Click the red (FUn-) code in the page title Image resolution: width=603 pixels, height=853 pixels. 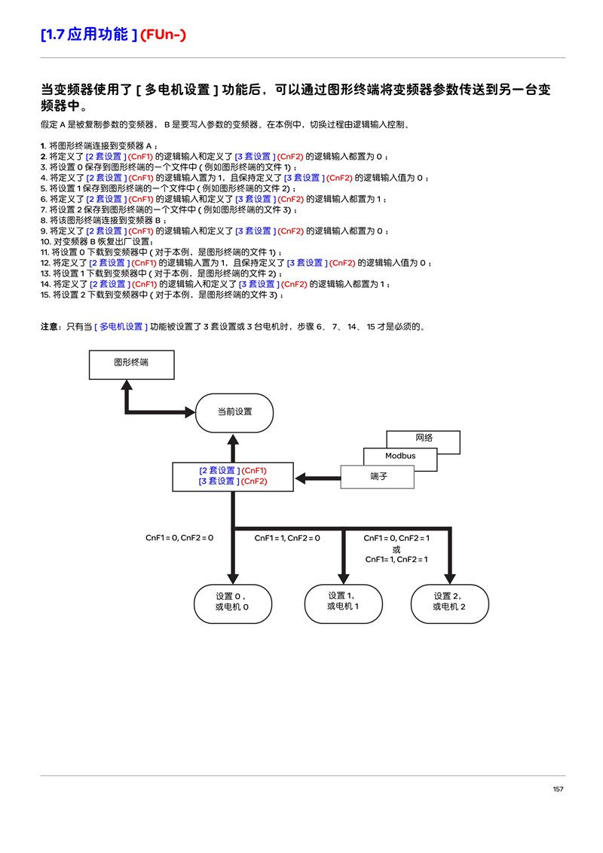click(x=164, y=35)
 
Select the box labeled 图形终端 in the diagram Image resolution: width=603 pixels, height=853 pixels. click(x=132, y=365)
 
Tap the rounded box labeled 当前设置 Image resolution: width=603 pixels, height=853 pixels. click(x=234, y=413)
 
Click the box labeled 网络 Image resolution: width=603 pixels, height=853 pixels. click(x=424, y=442)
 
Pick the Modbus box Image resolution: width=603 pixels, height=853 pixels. click(x=400, y=459)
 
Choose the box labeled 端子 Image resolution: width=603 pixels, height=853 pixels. click(x=378, y=476)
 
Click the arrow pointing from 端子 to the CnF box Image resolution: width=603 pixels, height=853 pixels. click(x=318, y=478)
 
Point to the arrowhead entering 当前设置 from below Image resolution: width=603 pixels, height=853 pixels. click(x=234, y=440)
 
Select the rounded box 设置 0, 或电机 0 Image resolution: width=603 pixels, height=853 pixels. click(x=233, y=604)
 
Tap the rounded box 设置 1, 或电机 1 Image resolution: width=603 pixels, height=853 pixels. click(x=344, y=604)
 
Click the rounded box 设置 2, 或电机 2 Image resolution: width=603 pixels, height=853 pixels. click(x=449, y=604)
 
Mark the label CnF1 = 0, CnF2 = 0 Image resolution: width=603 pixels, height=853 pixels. click(x=179, y=537)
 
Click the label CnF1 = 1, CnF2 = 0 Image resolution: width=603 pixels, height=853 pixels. click(x=287, y=538)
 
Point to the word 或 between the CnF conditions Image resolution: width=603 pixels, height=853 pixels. click(x=396, y=549)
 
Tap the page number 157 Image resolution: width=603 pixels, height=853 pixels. click(x=558, y=789)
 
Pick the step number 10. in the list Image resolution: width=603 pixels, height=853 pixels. click(x=46, y=242)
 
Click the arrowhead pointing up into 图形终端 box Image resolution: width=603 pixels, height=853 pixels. click(x=127, y=385)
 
